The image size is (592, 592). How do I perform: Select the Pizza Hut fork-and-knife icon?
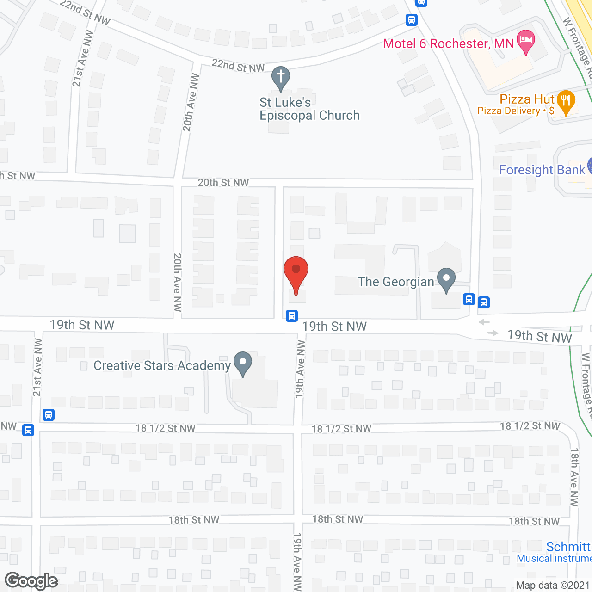(566, 100)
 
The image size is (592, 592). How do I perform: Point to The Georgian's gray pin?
(446, 278)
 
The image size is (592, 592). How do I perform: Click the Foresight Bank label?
(542, 170)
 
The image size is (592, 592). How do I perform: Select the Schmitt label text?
(568, 547)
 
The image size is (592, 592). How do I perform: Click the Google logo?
(31, 581)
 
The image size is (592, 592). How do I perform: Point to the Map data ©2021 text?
(553, 585)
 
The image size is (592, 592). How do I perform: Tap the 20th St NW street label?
(223, 183)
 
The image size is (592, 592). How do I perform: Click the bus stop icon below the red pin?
(291, 316)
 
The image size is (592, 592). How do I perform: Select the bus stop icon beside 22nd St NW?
(412, 20)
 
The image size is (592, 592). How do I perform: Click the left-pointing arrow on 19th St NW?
(484, 322)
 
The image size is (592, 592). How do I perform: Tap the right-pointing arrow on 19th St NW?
(493, 333)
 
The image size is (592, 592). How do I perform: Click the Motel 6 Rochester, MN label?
(448, 44)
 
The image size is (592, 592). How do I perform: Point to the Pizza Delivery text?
(509, 111)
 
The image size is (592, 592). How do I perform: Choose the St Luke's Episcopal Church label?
(309, 109)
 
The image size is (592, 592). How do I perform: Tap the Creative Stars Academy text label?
(162, 366)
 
